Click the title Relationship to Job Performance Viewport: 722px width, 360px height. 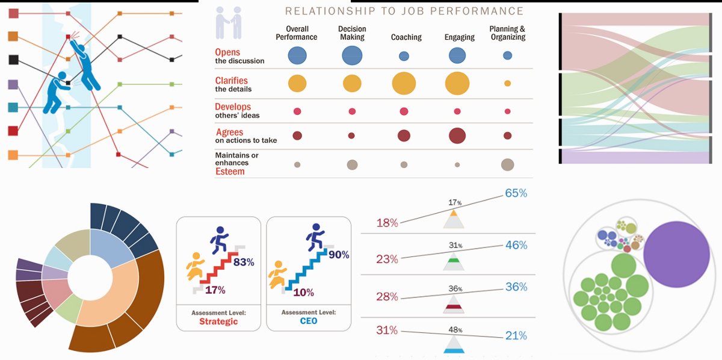[x=404, y=11]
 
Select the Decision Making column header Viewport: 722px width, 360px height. [x=352, y=33]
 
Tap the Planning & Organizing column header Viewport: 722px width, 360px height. [x=507, y=33]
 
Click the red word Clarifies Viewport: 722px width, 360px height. [x=232, y=81]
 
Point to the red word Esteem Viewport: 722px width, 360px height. [x=229, y=172]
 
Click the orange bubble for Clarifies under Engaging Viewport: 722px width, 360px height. [x=457, y=83]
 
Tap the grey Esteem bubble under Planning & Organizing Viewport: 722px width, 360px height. [x=507, y=164]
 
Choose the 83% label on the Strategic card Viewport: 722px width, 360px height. [x=244, y=262]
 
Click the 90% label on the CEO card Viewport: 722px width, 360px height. [x=339, y=255]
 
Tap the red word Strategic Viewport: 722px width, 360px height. [x=218, y=321]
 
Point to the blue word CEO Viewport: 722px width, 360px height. [x=308, y=321]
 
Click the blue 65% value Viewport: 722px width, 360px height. [x=515, y=194]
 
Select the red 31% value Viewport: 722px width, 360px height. [x=387, y=331]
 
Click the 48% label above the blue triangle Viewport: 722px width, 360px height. [x=455, y=329]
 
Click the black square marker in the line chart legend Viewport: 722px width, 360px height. [x=13, y=60]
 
